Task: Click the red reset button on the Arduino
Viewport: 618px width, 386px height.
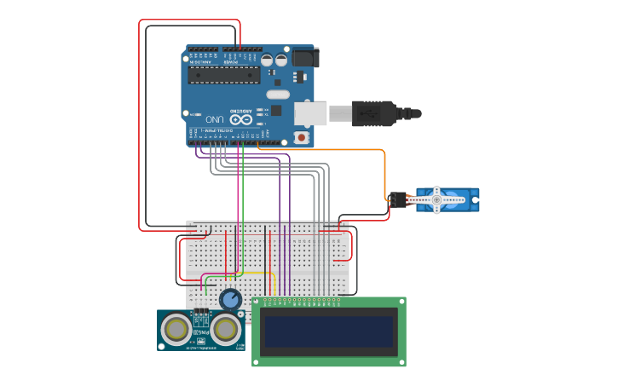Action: pyautogui.click(x=300, y=137)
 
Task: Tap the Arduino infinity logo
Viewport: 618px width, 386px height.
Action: pyautogui.click(x=241, y=120)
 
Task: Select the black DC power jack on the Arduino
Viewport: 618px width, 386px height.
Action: pyautogui.click(x=305, y=57)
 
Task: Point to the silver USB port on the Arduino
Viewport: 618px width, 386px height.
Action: pyautogui.click(x=310, y=113)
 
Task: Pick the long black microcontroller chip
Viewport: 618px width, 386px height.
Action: pyautogui.click(x=224, y=75)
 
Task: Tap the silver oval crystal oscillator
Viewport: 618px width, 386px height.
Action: pyautogui.click(x=278, y=95)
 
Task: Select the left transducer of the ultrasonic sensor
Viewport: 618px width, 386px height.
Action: pyautogui.click(x=176, y=329)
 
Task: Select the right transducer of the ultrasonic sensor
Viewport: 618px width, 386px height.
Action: pyautogui.click(x=226, y=329)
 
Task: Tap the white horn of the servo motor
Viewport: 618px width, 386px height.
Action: pyautogui.click(x=436, y=200)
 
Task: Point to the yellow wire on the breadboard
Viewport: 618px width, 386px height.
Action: pyautogui.click(x=256, y=274)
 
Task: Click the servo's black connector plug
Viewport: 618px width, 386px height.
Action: pyautogui.click(x=397, y=200)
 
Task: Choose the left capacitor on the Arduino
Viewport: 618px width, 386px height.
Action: pyautogui.click(x=268, y=60)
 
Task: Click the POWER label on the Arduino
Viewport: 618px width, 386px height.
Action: pyautogui.click(x=231, y=62)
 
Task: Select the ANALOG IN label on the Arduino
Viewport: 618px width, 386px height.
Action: pyautogui.click(x=202, y=62)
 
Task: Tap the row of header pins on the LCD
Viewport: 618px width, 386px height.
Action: pyautogui.click(x=303, y=300)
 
